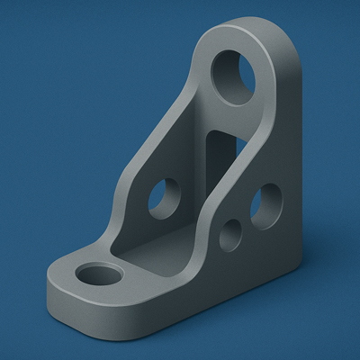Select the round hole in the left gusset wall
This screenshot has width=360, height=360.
click(164, 198)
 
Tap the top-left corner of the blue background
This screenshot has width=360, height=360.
click(4, 4)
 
